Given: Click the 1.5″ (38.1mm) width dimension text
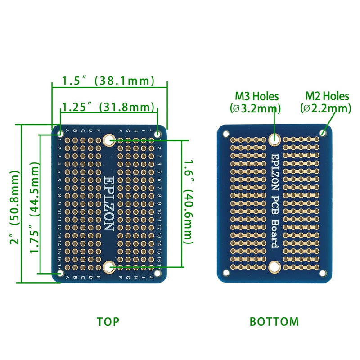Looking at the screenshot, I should pos(108,81).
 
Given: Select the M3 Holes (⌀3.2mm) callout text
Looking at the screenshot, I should pos(256,102).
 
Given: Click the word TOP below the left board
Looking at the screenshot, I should pos(108,322).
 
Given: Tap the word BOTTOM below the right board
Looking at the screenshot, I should pos(274,322).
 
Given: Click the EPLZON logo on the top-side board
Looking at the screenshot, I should pos(108,203).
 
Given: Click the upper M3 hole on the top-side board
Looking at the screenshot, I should pos(108,140).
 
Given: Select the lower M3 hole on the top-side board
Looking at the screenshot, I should pos(108,268).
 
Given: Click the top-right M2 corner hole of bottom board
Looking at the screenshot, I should pos(323,133).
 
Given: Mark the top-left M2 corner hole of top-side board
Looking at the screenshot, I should pos(60,133).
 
